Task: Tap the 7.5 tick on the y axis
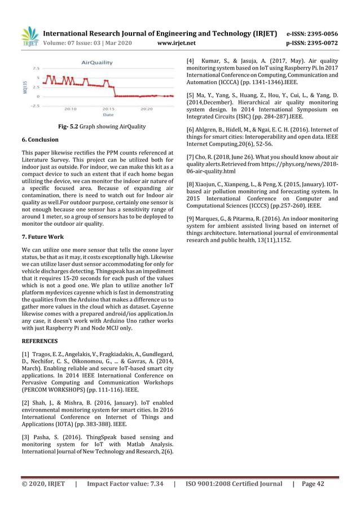(x=36, y=68)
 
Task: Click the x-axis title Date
(x=108, y=115)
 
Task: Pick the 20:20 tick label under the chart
(x=147, y=109)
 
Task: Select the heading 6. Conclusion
(x=39, y=139)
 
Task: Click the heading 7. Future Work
(x=42, y=237)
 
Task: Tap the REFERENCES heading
(x=39, y=341)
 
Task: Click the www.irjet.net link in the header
(x=177, y=42)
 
